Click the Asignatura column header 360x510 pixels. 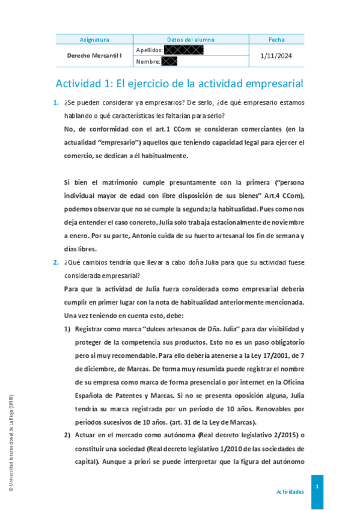(x=94, y=40)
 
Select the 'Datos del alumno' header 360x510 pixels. (x=191, y=40)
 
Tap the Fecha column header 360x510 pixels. (x=276, y=40)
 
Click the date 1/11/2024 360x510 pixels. (x=276, y=55)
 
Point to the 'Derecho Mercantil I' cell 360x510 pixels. (x=94, y=55)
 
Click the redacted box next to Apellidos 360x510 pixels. (x=183, y=50)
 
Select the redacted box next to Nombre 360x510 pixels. (x=169, y=61)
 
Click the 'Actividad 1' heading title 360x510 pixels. (x=179, y=83)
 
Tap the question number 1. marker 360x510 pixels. (x=56, y=104)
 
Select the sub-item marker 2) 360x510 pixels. (x=68, y=435)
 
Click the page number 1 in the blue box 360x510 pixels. (x=317, y=486)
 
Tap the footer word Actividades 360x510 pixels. (x=290, y=491)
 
